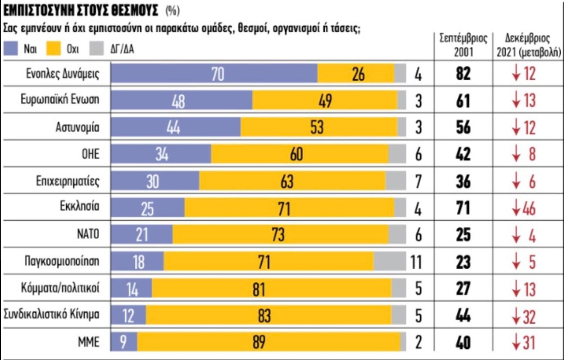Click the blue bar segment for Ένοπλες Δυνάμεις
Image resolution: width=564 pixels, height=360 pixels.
[x=214, y=74]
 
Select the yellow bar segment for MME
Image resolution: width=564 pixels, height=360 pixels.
[x=269, y=343]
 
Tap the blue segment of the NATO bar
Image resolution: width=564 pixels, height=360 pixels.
[x=142, y=235]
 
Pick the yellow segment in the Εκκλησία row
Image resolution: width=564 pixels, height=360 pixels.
[x=289, y=209]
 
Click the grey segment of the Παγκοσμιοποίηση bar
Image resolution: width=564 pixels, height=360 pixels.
[x=390, y=262]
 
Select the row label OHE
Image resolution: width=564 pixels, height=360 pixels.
[x=91, y=155]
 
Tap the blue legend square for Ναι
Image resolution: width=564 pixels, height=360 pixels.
[x=11, y=49]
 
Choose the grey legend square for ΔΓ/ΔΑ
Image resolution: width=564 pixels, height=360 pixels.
[x=97, y=49]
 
